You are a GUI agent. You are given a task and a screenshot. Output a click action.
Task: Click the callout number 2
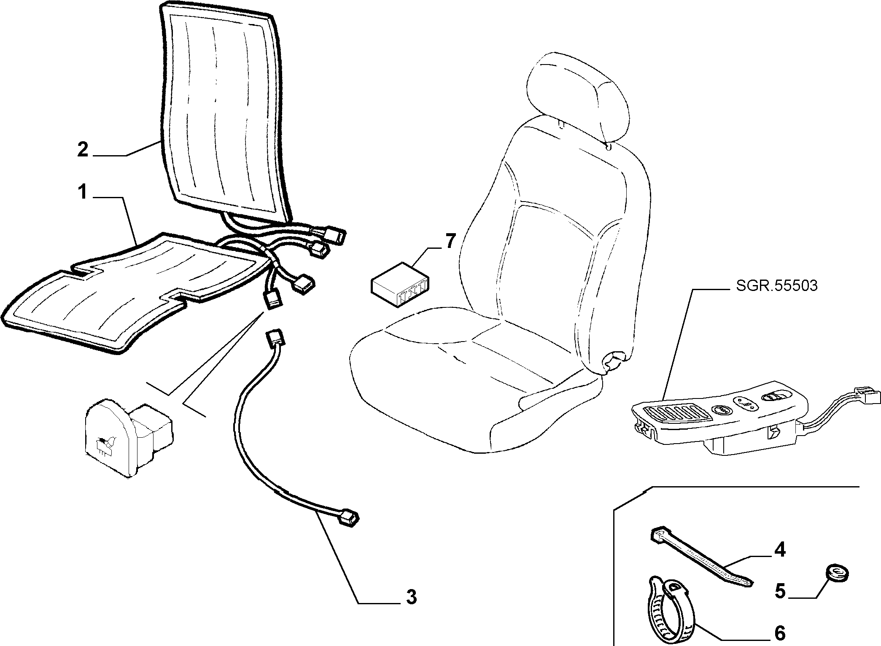(83, 150)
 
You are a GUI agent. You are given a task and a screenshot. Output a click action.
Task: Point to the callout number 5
(780, 592)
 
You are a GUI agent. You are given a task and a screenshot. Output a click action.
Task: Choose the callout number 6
(780, 633)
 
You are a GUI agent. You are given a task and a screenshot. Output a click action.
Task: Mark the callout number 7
(450, 242)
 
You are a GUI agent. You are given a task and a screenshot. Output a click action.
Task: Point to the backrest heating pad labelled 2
(224, 112)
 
